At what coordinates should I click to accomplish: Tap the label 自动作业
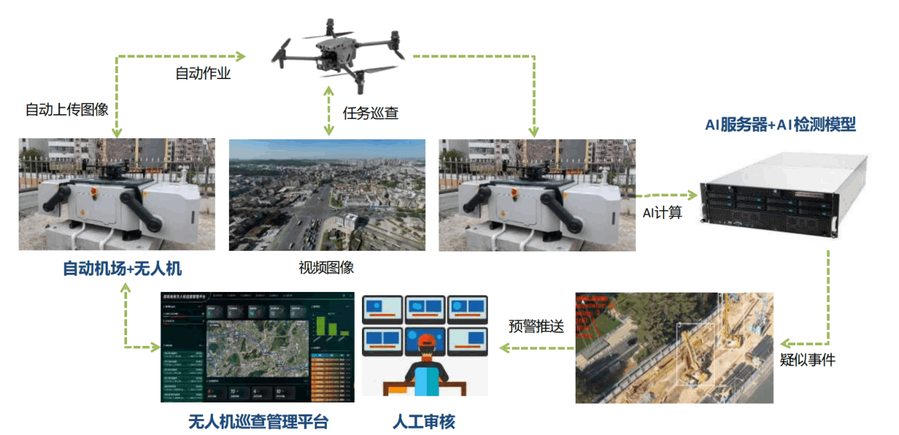tap(203, 74)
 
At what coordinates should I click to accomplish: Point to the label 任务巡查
tap(371, 113)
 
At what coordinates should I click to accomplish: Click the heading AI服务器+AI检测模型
tap(780, 124)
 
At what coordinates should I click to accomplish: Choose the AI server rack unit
tap(785, 195)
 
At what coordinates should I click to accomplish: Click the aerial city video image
tap(327, 194)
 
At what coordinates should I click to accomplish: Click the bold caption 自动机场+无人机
tap(122, 269)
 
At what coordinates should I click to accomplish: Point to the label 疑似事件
tap(807, 361)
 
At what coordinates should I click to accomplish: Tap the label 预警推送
tap(536, 327)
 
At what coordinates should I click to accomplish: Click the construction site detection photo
tap(673, 347)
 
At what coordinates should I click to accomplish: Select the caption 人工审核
tap(425, 422)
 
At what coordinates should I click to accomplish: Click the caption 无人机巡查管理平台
tap(258, 422)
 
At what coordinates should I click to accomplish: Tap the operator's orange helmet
tap(426, 341)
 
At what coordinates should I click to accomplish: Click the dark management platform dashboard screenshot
tap(258, 347)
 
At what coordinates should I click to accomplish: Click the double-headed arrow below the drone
tap(328, 111)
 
